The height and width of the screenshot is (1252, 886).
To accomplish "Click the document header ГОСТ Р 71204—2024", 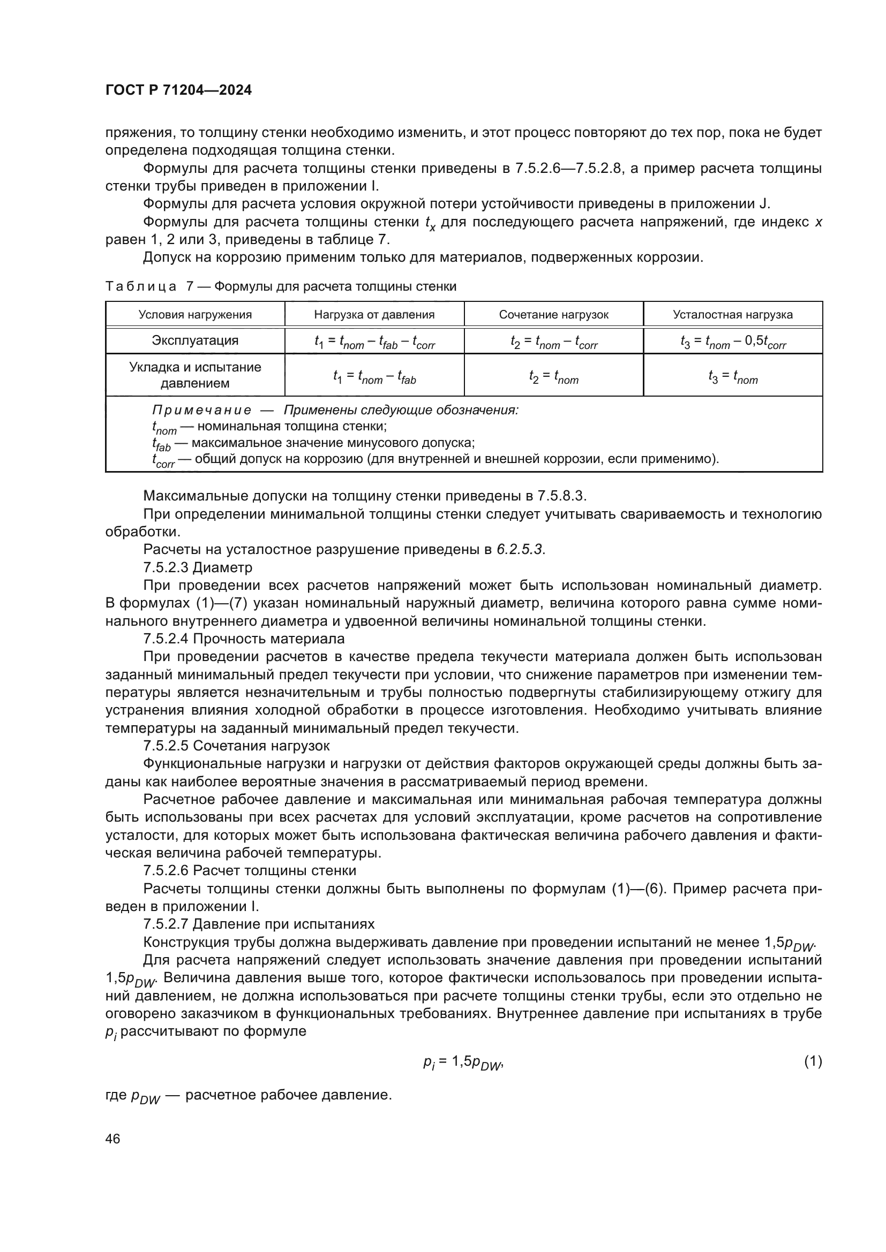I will (x=178, y=90).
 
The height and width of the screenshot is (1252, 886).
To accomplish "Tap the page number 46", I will (x=112, y=1139).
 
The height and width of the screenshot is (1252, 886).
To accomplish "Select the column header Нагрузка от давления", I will (x=374, y=315).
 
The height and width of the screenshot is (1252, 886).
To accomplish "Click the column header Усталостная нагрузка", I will (x=732, y=315).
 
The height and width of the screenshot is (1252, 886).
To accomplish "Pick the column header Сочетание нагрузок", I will (x=553, y=315).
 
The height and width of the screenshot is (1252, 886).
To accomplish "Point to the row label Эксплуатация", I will (x=195, y=340).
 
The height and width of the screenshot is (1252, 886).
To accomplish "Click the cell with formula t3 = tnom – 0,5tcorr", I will (x=733, y=342).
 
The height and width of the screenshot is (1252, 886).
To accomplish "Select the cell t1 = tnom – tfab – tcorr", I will (x=374, y=342).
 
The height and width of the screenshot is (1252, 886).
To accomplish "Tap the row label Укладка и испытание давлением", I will (x=195, y=375).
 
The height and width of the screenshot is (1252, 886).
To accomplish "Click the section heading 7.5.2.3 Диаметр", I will (x=198, y=567).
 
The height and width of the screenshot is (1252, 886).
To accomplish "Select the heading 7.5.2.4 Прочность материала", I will (x=243, y=639).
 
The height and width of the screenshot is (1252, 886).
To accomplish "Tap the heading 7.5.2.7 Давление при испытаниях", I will (x=259, y=924).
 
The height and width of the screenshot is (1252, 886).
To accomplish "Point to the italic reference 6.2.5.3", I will (x=520, y=550).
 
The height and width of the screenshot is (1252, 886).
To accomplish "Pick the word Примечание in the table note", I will (x=201, y=410).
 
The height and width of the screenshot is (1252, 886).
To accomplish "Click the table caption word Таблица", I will (x=141, y=286).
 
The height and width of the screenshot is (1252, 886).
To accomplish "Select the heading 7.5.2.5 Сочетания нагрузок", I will (x=236, y=746).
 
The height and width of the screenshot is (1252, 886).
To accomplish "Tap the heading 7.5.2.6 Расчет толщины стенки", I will (x=249, y=870).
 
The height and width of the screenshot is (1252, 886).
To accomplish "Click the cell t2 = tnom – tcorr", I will (x=554, y=342).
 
